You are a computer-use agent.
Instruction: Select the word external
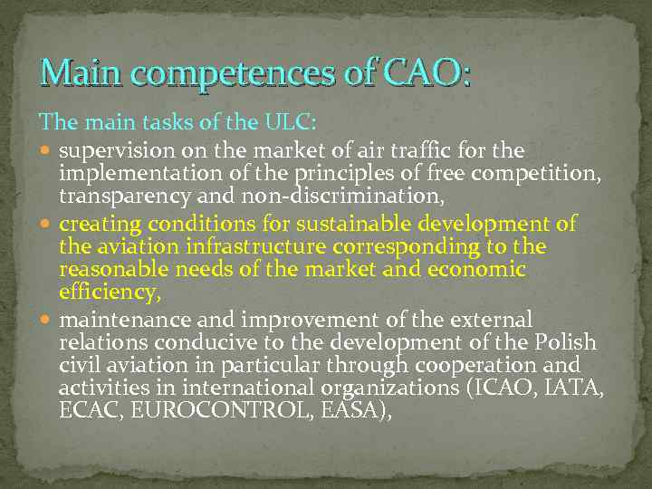492,320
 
